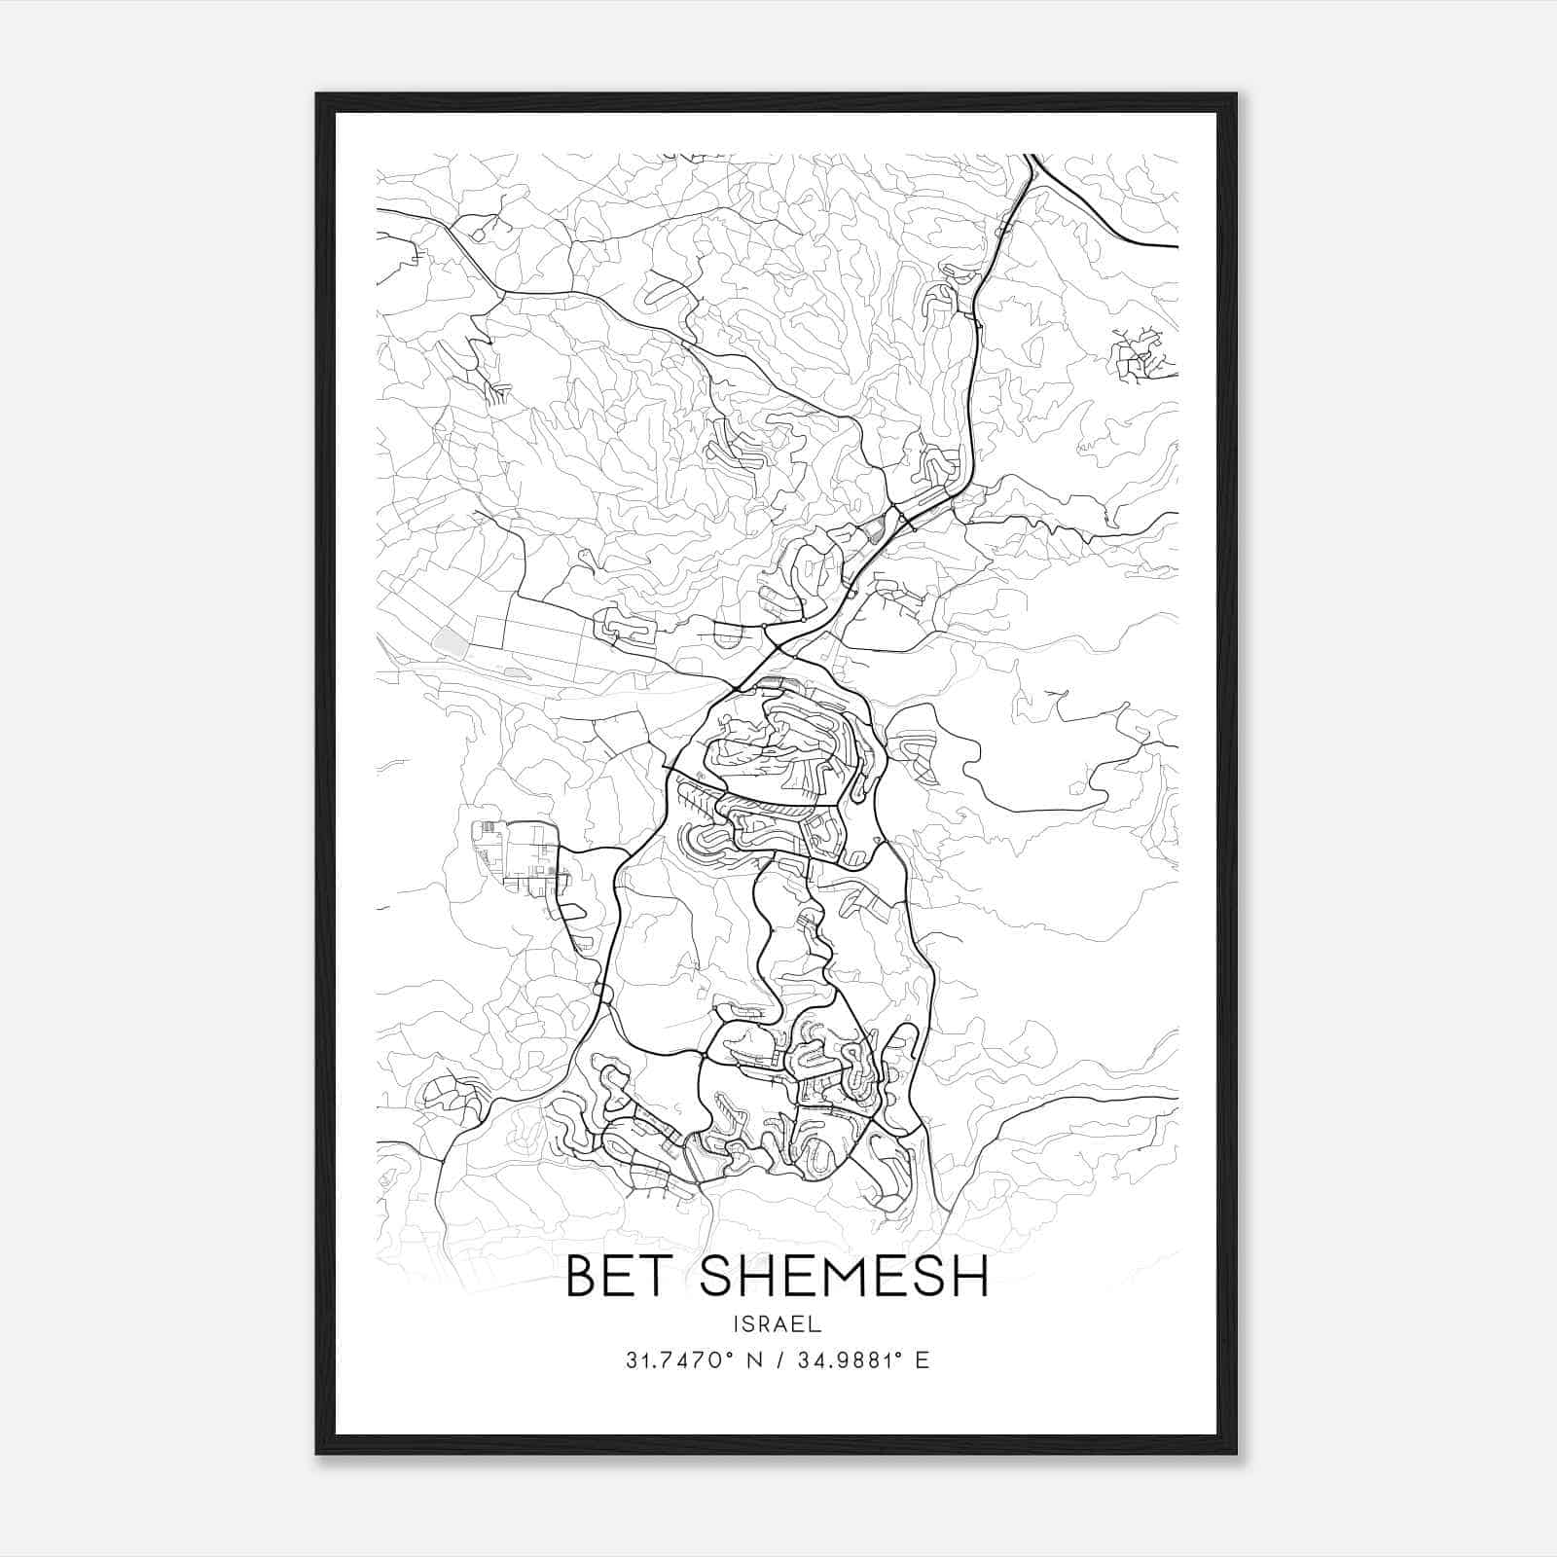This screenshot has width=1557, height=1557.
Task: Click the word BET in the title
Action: [623, 1276]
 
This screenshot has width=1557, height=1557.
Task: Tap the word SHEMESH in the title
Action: [844, 1276]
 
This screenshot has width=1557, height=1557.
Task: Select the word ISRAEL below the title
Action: [778, 1324]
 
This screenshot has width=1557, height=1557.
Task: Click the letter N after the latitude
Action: [754, 1360]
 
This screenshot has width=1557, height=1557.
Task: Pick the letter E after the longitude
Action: [922, 1360]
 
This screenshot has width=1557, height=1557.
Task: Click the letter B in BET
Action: [581, 1276]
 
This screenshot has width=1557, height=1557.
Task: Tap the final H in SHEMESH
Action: [969, 1276]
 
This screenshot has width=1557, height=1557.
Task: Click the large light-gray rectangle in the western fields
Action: [451, 640]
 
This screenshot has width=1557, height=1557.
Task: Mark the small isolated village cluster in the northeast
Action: [1141, 354]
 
